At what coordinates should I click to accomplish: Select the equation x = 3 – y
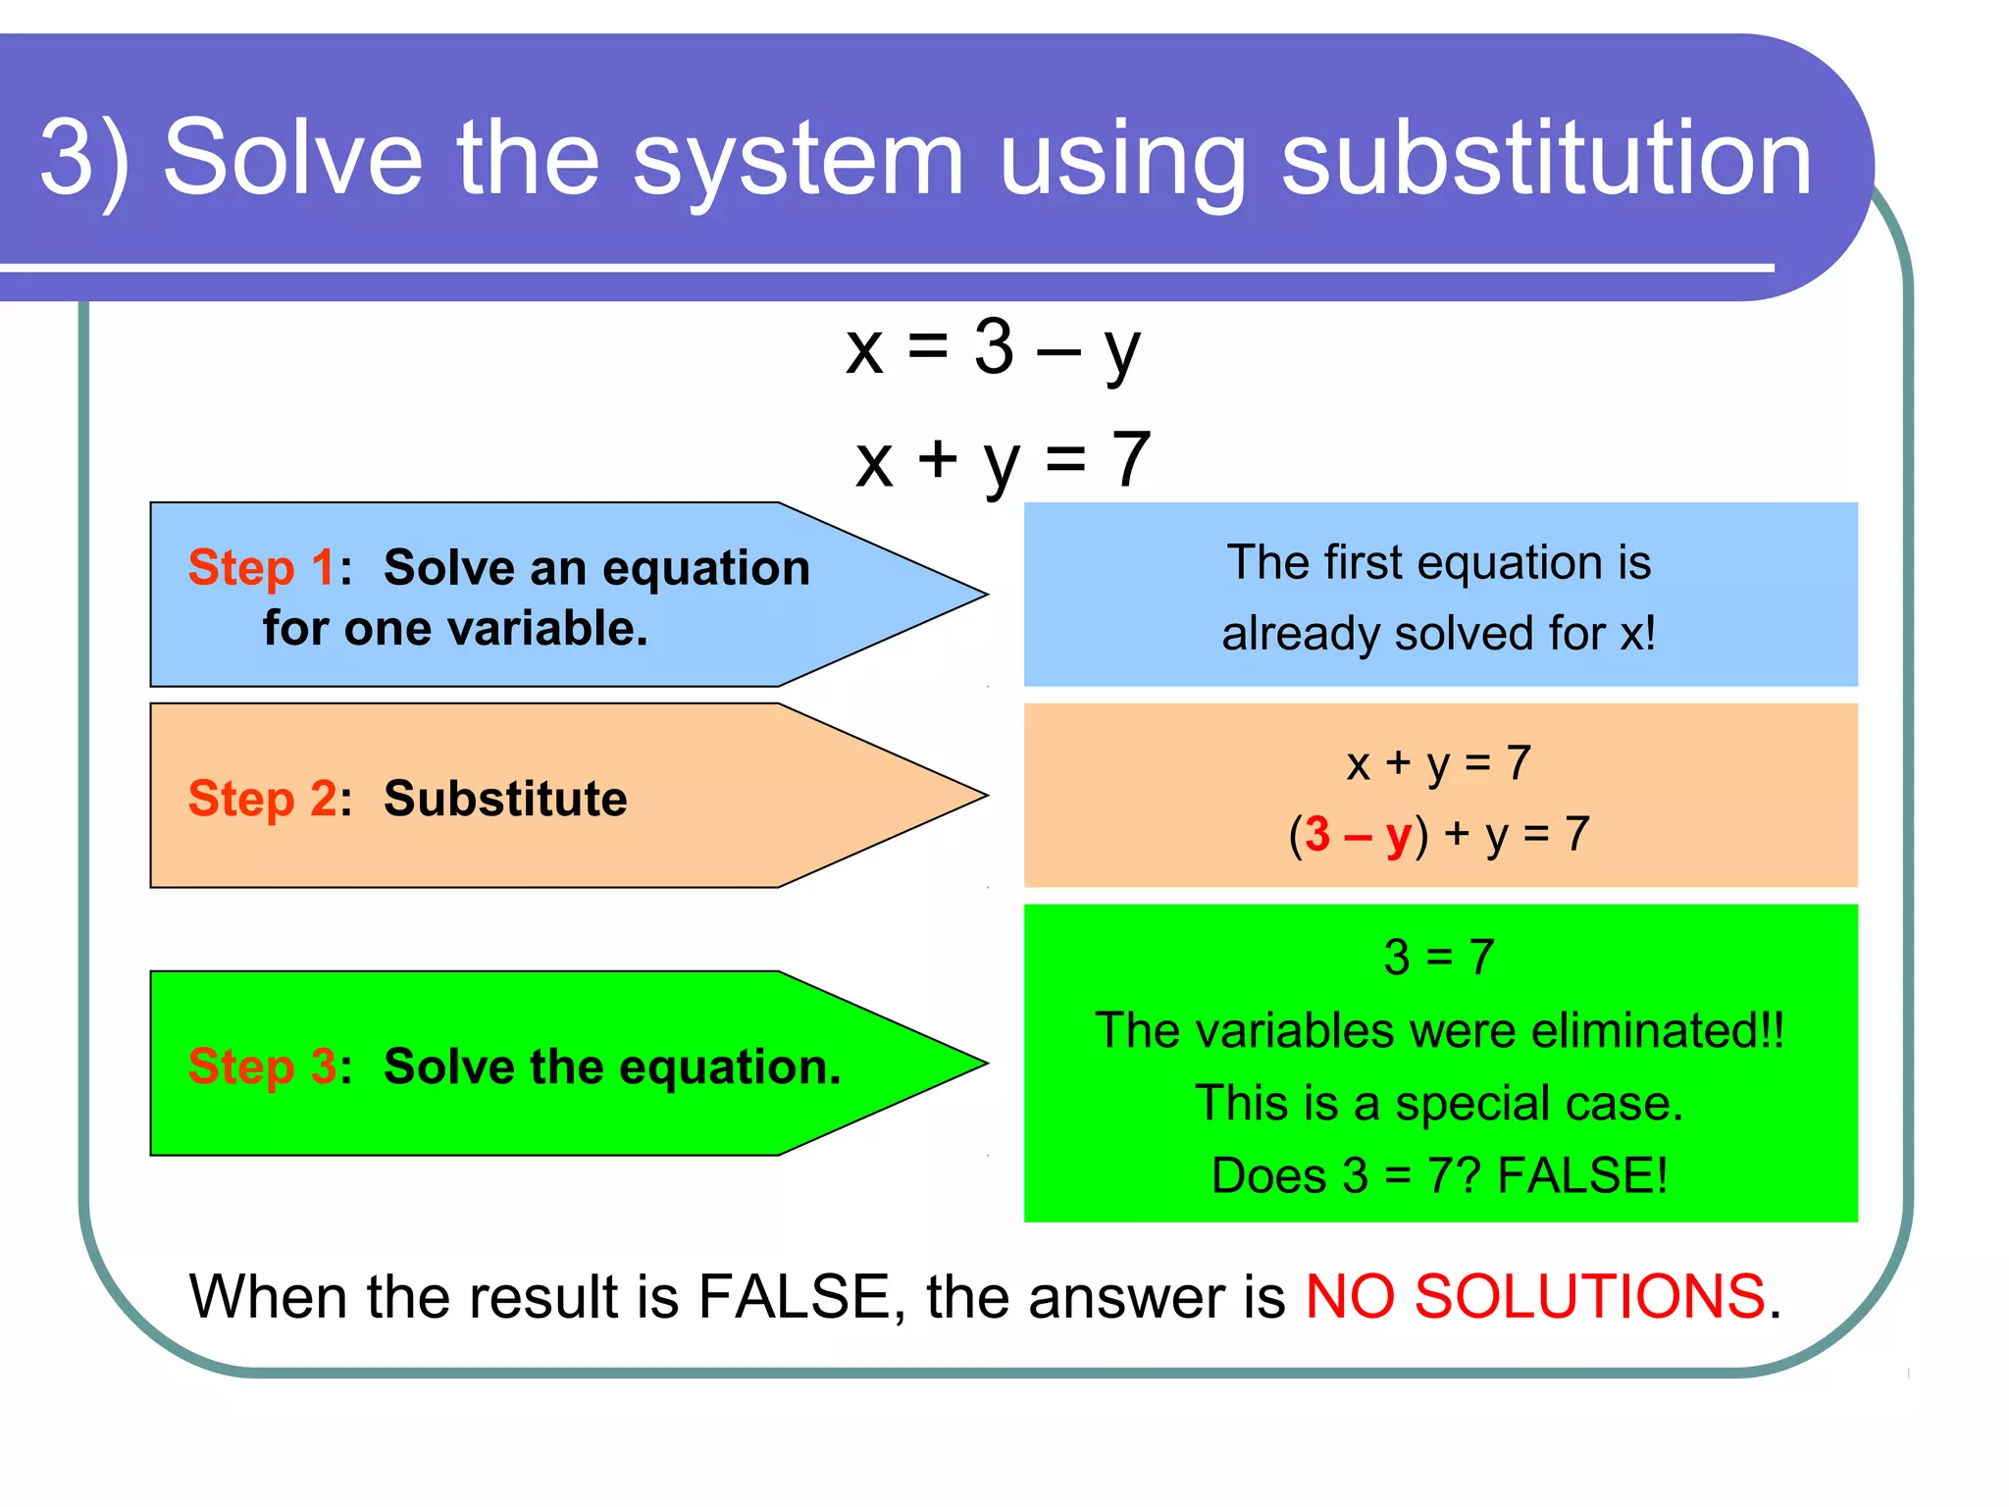tap(993, 347)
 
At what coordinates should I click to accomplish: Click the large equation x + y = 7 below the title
tap(1003, 460)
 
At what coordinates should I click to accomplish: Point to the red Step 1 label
tap(260, 567)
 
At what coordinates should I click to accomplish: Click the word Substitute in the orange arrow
tap(505, 798)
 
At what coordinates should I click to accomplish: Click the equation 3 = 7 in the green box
tap(1439, 957)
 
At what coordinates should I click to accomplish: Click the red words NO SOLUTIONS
tap(1535, 1296)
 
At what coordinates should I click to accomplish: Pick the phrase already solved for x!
tap(1438, 633)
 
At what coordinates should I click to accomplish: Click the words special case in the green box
tap(1538, 1103)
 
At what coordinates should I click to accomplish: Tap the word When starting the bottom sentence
tap(268, 1296)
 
